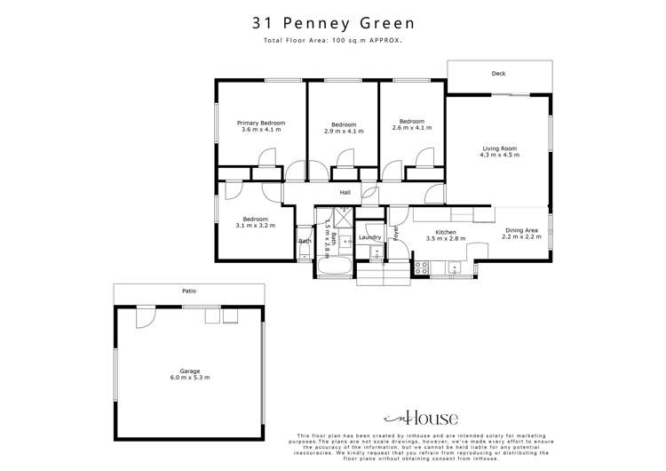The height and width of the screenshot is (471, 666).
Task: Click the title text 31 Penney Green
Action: (x=332, y=24)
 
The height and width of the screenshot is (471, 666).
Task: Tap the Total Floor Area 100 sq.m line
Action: (x=332, y=41)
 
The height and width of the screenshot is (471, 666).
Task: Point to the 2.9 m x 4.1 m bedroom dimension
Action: (x=344, y=131)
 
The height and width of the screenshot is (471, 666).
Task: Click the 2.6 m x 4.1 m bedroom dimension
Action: (x=411, y=128)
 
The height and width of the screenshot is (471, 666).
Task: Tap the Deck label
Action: (x=498, y=74)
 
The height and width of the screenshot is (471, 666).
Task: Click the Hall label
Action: (x=345, y=192)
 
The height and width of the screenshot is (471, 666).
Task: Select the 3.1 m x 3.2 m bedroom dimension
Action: (x=256, y=226)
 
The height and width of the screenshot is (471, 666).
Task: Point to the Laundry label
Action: (x=369, y=237)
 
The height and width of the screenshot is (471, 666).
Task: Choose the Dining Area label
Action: (x=522, y=231)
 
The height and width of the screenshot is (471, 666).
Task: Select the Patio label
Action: (x=188, y=291)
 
